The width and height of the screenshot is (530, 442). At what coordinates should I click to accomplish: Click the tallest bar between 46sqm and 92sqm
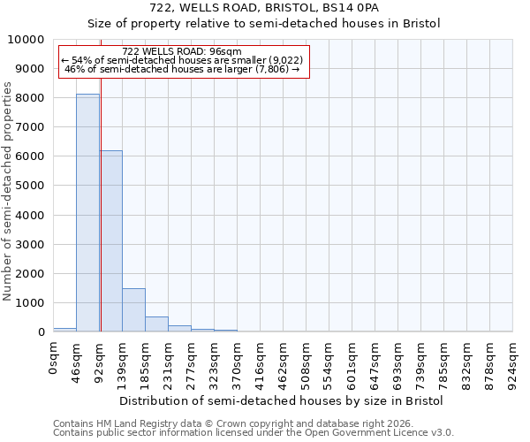pyautogui.click(x=87, y=212)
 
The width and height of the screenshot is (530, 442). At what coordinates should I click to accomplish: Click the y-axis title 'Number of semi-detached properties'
pyautogui.click(x=8, y=191)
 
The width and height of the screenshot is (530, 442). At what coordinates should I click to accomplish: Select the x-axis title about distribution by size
pyautogui.click(x=281, y=400)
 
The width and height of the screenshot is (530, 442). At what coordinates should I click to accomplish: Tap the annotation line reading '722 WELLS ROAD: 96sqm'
pyautogui.click(x=182, y=52)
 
